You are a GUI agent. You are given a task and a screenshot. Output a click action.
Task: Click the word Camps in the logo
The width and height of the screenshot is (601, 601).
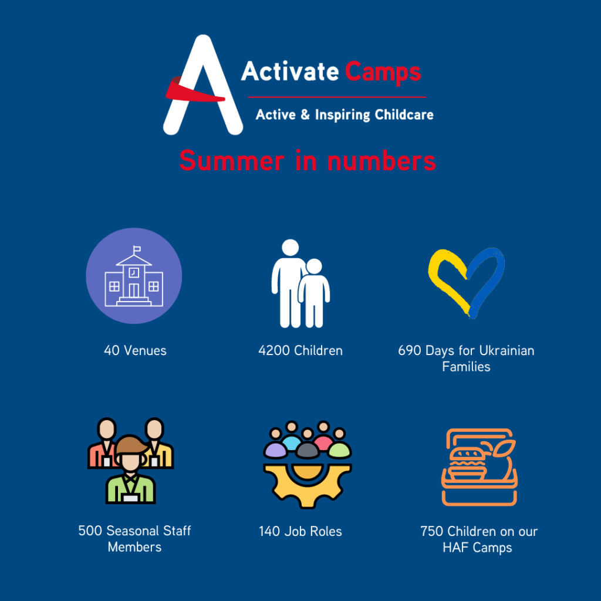383,72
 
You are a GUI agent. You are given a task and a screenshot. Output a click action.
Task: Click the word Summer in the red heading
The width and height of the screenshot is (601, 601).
231,161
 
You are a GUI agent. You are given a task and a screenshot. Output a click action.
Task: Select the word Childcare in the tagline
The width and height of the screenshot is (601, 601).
404,114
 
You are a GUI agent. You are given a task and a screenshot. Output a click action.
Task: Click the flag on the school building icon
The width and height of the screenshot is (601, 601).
137,249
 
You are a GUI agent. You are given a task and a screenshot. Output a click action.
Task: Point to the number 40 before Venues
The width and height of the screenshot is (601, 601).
112,350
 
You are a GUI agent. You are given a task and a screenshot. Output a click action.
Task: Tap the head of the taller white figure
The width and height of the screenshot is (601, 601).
290,248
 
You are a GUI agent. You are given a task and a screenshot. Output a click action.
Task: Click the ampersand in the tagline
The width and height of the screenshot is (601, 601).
305,114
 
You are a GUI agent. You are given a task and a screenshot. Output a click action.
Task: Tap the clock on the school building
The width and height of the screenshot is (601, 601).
134,272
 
